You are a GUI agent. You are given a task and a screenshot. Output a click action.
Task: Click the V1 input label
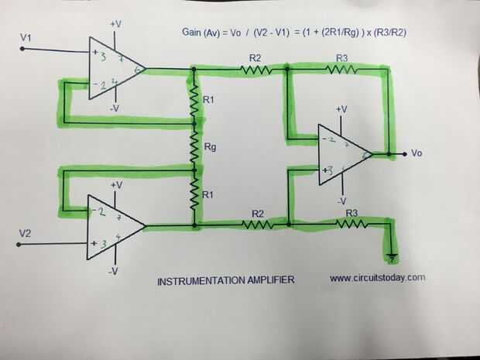coord(26,36)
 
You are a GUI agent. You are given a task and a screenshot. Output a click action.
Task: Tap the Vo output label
coord(417,153)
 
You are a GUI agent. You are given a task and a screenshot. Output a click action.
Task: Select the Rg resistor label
coord(209,147)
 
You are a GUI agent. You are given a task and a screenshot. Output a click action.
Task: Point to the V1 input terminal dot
coord(22,49)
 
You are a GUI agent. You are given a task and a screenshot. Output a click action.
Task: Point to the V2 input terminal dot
coord(21,243)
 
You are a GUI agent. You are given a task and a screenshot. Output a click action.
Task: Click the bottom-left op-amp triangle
coord(113,226)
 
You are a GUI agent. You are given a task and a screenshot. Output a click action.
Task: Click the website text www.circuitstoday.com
coord(378,277)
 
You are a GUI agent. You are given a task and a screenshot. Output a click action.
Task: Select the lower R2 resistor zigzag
coord(256,225)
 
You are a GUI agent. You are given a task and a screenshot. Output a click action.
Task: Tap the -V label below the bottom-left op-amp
coord(113,271)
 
